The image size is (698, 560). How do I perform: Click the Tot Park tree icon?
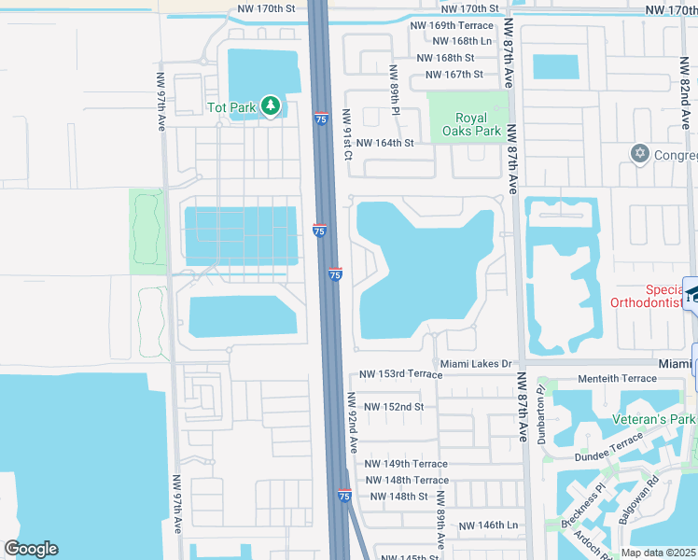[271, 106]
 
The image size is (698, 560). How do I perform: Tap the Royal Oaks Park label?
[478, 125]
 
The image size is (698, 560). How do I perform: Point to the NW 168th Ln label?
[461, 41]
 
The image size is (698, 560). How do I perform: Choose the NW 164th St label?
[384, 143]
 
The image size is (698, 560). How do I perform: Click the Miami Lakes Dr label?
[475, 363]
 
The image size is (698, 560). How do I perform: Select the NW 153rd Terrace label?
[399, 374]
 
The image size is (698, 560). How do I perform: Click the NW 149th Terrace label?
[406, 464]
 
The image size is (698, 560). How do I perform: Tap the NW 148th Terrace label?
[407, 481]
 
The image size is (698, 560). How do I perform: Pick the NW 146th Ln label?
[486, 526]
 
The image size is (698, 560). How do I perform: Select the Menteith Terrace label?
[618, 379]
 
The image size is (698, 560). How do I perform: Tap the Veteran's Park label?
[652, 420]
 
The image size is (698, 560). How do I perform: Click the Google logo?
[31, 549]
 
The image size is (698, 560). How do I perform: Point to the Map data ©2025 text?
[658, 553]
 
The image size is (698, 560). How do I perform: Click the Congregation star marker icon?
[639, 153]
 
